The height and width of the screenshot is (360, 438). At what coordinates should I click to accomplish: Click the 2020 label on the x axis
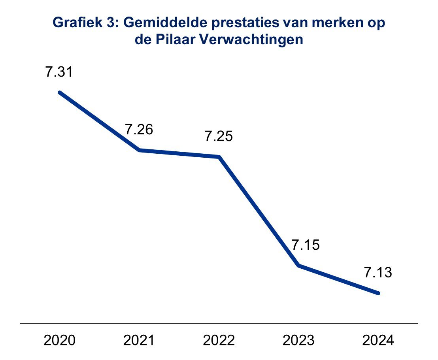click(59, 340)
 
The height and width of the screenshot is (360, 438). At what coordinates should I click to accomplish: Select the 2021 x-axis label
click(139, 340)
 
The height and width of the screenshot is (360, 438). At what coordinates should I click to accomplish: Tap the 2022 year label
click(219, 340)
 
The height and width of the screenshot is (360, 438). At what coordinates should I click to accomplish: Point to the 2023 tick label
click(299, 340)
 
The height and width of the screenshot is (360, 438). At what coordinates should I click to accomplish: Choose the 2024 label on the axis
click(379, 340)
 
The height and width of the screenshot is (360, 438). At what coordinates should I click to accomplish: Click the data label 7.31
click(59, 73)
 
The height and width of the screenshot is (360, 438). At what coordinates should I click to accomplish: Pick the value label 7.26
click(139, 130)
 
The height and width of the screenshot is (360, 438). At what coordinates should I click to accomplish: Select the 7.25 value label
click(219, 137)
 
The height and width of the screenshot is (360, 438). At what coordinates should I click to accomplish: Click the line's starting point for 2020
click(60, 92)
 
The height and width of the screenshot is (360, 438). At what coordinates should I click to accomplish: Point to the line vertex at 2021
click(139, 150)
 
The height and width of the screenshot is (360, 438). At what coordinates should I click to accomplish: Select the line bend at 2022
click(219, 157)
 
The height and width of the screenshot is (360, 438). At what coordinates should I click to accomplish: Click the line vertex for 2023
click(299, 265)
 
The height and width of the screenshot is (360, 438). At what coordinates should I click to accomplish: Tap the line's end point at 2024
click(378, 293)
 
